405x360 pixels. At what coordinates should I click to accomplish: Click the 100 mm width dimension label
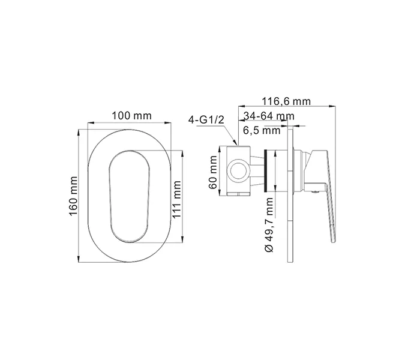[130, 115]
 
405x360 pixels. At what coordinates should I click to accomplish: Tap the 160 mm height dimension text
[74, 197]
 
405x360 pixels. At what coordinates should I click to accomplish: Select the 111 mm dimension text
[178, 197]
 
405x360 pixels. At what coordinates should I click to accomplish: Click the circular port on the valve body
[239, 170]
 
